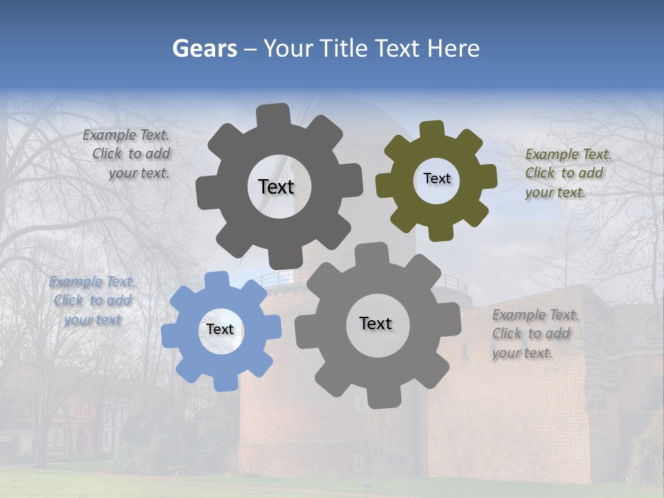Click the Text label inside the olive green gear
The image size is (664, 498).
[436, 178]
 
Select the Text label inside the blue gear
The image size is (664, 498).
[220, 330]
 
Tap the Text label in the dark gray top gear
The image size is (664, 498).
[276, 187]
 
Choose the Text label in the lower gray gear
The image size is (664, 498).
[376, 323]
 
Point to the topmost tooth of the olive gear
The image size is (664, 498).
[432, 129]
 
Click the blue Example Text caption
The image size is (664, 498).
[93, 301]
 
